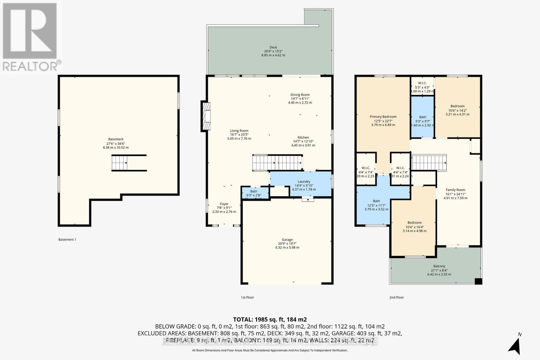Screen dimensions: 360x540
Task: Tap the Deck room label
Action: click(x=273, y=48)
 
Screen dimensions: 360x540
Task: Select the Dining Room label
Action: click(x=300, y=95)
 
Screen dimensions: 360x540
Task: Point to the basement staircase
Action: click(x=120, y=163)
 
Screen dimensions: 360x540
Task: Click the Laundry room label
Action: click(x=304, y=182)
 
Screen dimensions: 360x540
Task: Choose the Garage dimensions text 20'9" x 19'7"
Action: click(x=287, y=244)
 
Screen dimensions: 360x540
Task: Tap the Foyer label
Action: click(x=224, y=204)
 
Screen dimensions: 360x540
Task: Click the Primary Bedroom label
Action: click(x=383, y=117)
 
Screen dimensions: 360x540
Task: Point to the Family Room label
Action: click(x=455, y=190)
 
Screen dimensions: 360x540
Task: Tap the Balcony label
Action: click(x=439, y=266)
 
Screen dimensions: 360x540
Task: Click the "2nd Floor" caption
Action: click(x=397, y=298)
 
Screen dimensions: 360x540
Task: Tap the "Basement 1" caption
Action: click(x=67, y=240)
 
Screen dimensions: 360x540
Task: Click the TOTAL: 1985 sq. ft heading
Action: click(x=270, y=319)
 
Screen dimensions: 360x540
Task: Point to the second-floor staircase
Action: click(x=429, y=162)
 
